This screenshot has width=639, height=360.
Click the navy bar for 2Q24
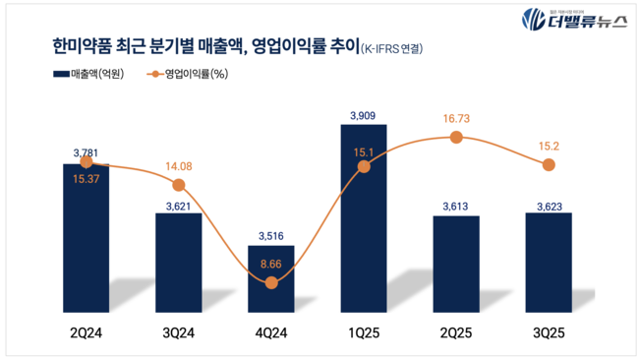(x=86, y=236)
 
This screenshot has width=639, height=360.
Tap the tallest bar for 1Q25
(x=364, y=216)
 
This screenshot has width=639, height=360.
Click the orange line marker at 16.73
(x=455, y=138)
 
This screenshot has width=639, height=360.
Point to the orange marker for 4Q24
(x=271, y=283)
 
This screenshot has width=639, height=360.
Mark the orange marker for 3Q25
(x=548, y=165)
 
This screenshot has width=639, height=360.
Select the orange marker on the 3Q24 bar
(x=178, y=185)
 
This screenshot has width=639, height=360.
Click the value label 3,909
(x=364, y=116)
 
